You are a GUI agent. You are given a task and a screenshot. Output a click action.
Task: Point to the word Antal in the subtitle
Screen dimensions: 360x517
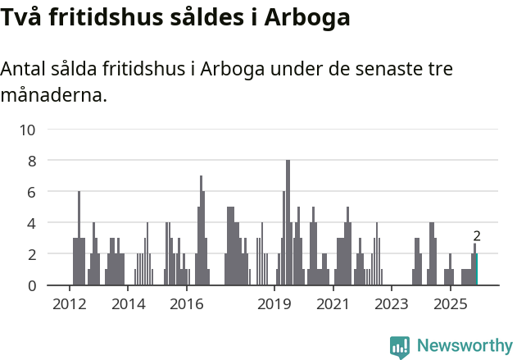[24, 69]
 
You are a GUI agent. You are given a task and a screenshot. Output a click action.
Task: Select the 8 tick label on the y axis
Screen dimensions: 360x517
[32, 161]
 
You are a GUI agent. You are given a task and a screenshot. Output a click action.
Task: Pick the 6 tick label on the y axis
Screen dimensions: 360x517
[32, 192]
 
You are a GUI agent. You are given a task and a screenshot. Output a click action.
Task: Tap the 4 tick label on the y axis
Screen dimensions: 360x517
[32, 223]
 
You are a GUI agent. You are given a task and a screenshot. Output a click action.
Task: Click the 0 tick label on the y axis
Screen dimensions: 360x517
[32, 285]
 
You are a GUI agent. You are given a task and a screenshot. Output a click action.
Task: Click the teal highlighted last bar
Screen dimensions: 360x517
[476, 270]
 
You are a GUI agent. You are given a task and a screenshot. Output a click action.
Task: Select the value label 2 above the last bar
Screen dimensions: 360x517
[477, 236]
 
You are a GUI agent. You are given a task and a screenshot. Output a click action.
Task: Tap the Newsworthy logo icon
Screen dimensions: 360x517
[400, 346]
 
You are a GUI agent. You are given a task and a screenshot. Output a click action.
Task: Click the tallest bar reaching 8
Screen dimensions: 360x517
[288, 223]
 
